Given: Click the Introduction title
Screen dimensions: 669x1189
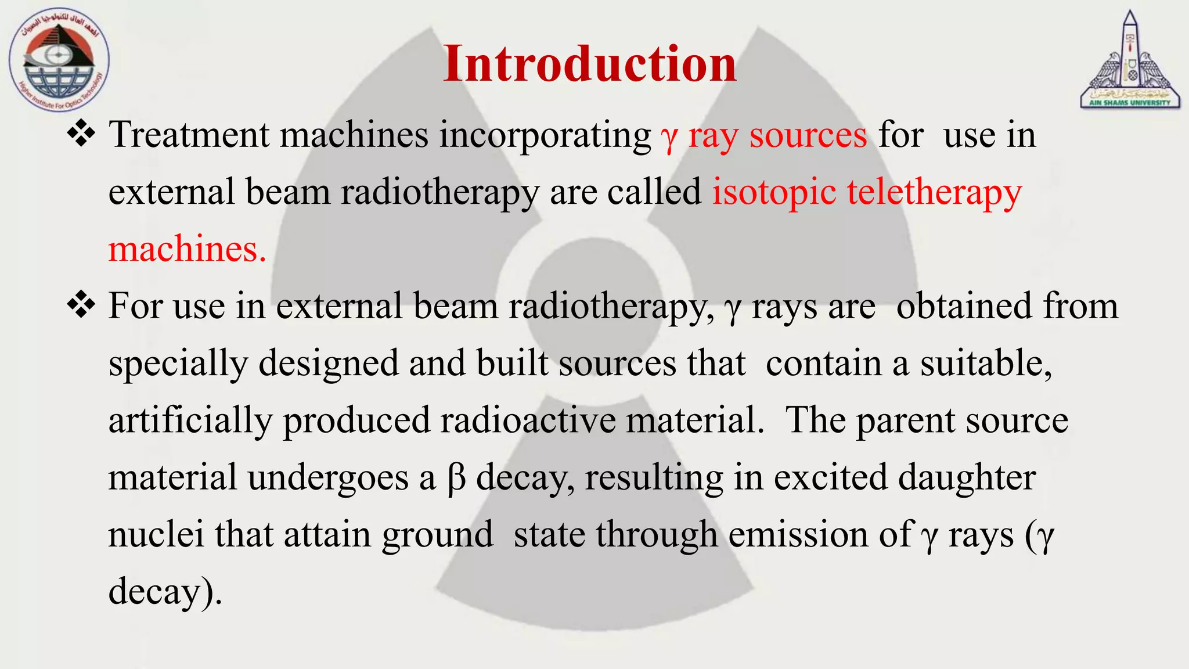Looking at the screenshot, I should point(589,64).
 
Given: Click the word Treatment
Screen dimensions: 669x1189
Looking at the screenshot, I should point(189,135).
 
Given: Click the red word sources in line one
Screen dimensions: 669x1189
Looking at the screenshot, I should point(808,136).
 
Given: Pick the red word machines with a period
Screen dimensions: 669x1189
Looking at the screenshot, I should point(187,249).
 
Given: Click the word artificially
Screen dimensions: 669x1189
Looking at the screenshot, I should point(190,420).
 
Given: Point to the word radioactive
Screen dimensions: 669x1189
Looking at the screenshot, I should point(528,420).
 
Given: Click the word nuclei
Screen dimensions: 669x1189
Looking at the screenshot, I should point(156,534).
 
